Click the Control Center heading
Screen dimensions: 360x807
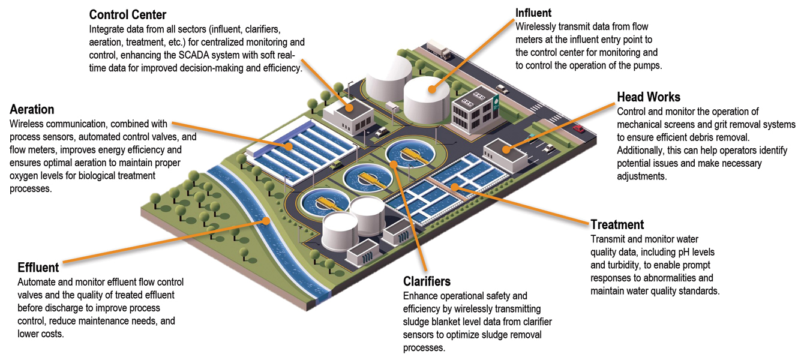(x=127, y=14)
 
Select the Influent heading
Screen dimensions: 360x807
(x=533, y=13)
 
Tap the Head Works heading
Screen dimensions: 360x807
(x=648, y=97)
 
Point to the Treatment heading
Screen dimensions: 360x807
(x=617, y=225)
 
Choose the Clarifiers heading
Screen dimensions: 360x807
(x=427, y=281)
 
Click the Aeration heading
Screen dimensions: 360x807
(x=32, y=110)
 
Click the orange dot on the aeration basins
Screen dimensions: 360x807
(x=289, y=145)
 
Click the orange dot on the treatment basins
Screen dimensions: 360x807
(x=455, y=187)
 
